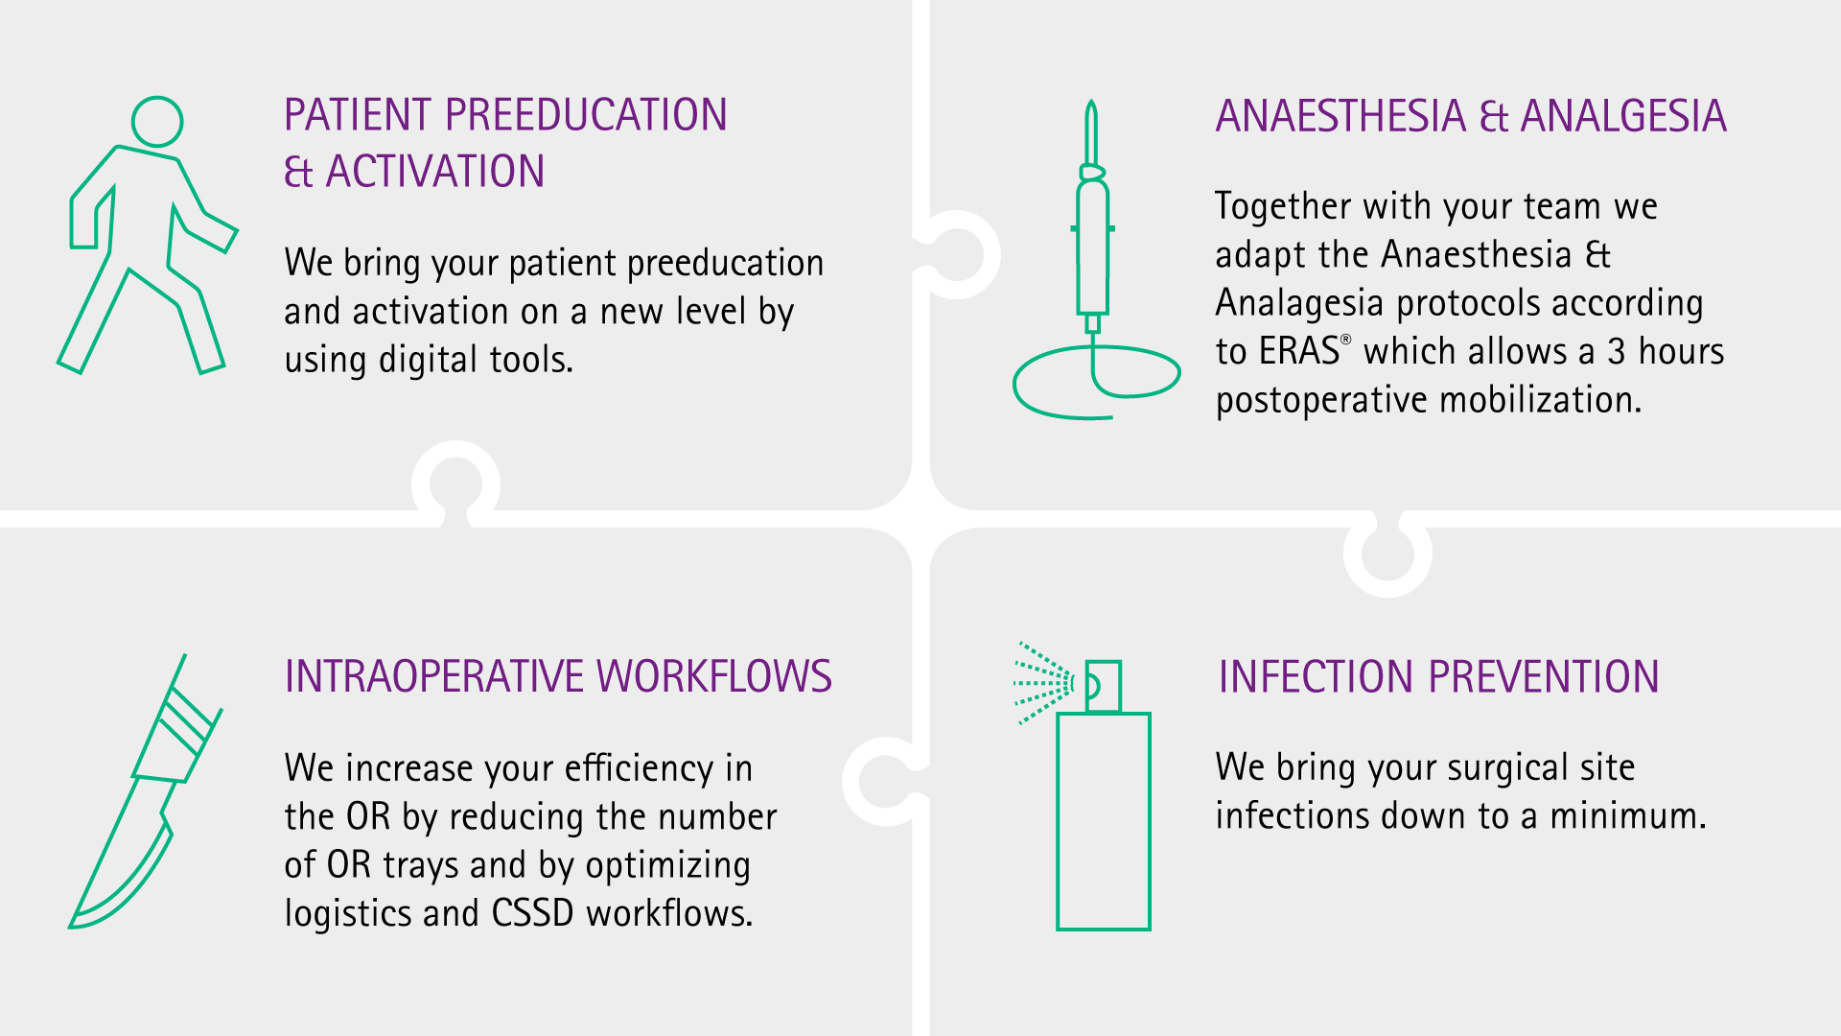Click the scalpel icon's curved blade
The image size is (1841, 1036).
coord(121,854)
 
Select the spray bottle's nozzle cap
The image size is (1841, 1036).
coord(1103,686)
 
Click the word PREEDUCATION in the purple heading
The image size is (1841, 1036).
coord(586,115)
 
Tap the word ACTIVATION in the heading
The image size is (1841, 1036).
coord(435,172)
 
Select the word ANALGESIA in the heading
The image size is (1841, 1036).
coord(1623,116)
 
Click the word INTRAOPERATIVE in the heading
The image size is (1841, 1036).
coord(435,676)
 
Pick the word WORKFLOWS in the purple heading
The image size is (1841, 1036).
coord(714,676)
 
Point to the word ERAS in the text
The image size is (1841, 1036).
coord(1299,351)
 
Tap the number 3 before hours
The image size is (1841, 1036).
coord(1617,352)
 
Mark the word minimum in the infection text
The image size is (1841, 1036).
coord(1628,816)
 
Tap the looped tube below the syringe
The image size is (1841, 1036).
coord(1097,382)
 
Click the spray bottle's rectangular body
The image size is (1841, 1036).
coord(1104,821)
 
